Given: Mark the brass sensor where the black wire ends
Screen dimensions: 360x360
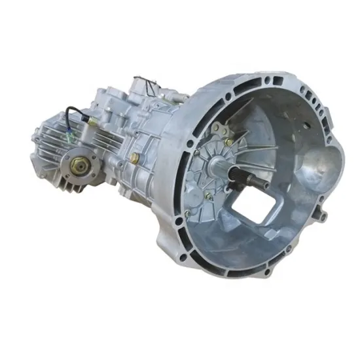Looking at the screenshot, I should [x=86, y=120].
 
